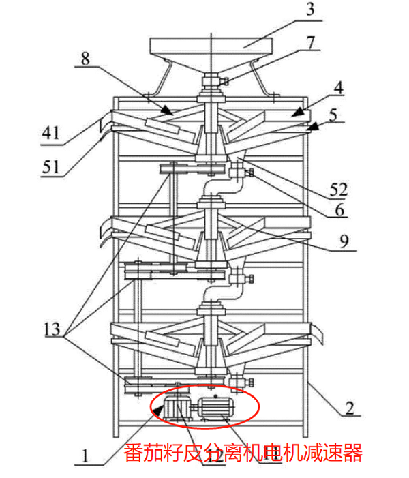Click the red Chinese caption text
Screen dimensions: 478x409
pyautogui.click(x=243, y=452)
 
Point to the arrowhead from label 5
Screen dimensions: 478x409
pyautogui.click(x=313, y=126)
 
